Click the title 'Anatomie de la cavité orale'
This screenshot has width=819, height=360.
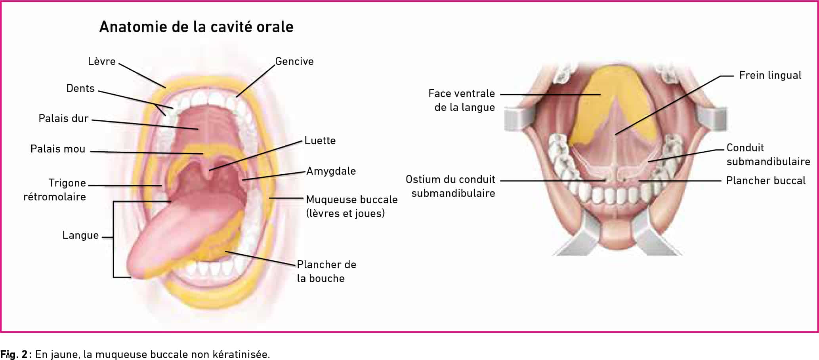pos(196,27)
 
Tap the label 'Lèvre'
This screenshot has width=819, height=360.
pos(102,61)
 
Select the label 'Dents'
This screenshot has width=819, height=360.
pos(80,88)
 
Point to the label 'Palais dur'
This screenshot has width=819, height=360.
pos(63,118)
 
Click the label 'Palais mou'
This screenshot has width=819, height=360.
pos(58,149)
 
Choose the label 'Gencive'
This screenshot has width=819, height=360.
pos(294,61)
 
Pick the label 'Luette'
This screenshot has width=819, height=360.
pos(320,141)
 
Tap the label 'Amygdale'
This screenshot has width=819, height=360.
pos(331,171)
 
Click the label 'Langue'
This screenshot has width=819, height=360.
pos(80,235)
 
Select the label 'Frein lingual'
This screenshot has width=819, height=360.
pos(770,75)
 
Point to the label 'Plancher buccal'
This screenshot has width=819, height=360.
pos(766,181)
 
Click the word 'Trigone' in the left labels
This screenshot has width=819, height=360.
pos(67,183)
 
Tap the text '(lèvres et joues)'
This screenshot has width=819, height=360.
pos(346,213)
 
